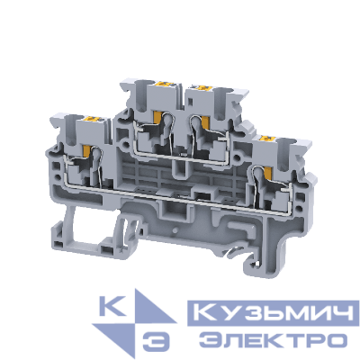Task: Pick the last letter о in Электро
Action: pos(337,340)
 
